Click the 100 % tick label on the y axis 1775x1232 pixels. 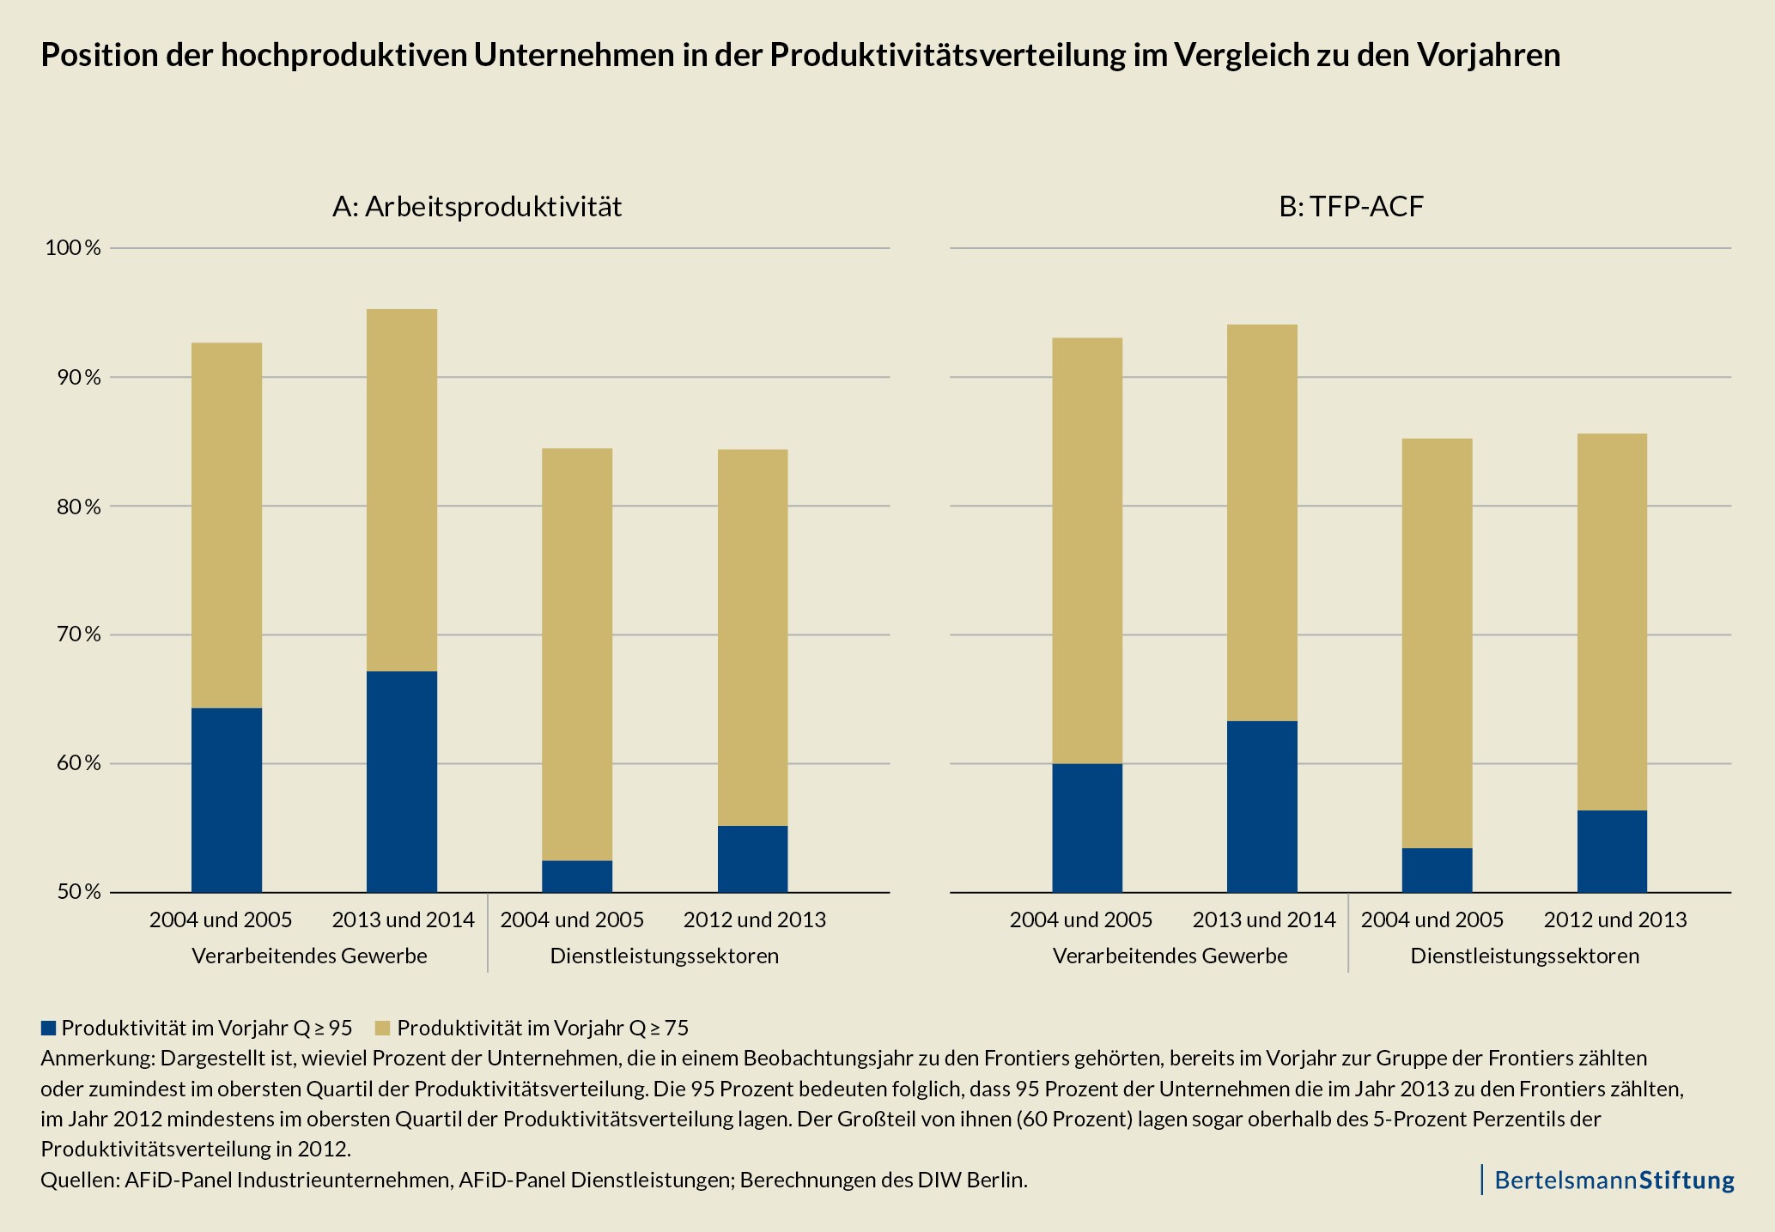pyautogui.click(x=72, y=248)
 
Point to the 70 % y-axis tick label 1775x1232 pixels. pyautogui.click(x=77, y=634)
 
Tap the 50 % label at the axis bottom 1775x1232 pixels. pyautogui.click(x=77, y=892)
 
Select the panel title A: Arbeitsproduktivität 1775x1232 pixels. pyautogui.click(x=477, y=207)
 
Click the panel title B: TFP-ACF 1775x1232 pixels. pyautogui.click(x=1352, y=207)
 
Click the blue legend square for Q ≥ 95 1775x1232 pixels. pyautogui.click(x=48, y=1028)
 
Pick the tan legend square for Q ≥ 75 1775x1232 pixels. pyautogui.click(x=383, y=1028)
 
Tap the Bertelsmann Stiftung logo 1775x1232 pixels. pyautogui.click(x=1613, y=1180)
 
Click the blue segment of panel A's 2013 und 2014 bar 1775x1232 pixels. pyautogui.click(x=402, y=781)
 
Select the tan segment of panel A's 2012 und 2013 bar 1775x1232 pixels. pyautogui.click(x=752, y=637)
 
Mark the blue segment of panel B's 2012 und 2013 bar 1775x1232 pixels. pyautogui.click(x=1612, y=851)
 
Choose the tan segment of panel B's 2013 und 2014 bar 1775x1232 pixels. pyautogui.click(x=1261, y=522)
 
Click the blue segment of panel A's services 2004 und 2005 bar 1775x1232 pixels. pyautogui.click(x=577, y=876)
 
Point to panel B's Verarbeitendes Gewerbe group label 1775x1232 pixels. pyautogui.click(x=1170, y=956)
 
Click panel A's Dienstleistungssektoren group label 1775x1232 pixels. pyautogui.click(x=664, y=956)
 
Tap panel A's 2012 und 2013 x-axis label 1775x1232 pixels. pyautogui.click(x=754, y=919)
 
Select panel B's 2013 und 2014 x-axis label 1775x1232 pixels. pyautogui.click(x=1263, y=919)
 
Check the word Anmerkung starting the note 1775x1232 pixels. pyautogui.click(x=97, y=1057)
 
